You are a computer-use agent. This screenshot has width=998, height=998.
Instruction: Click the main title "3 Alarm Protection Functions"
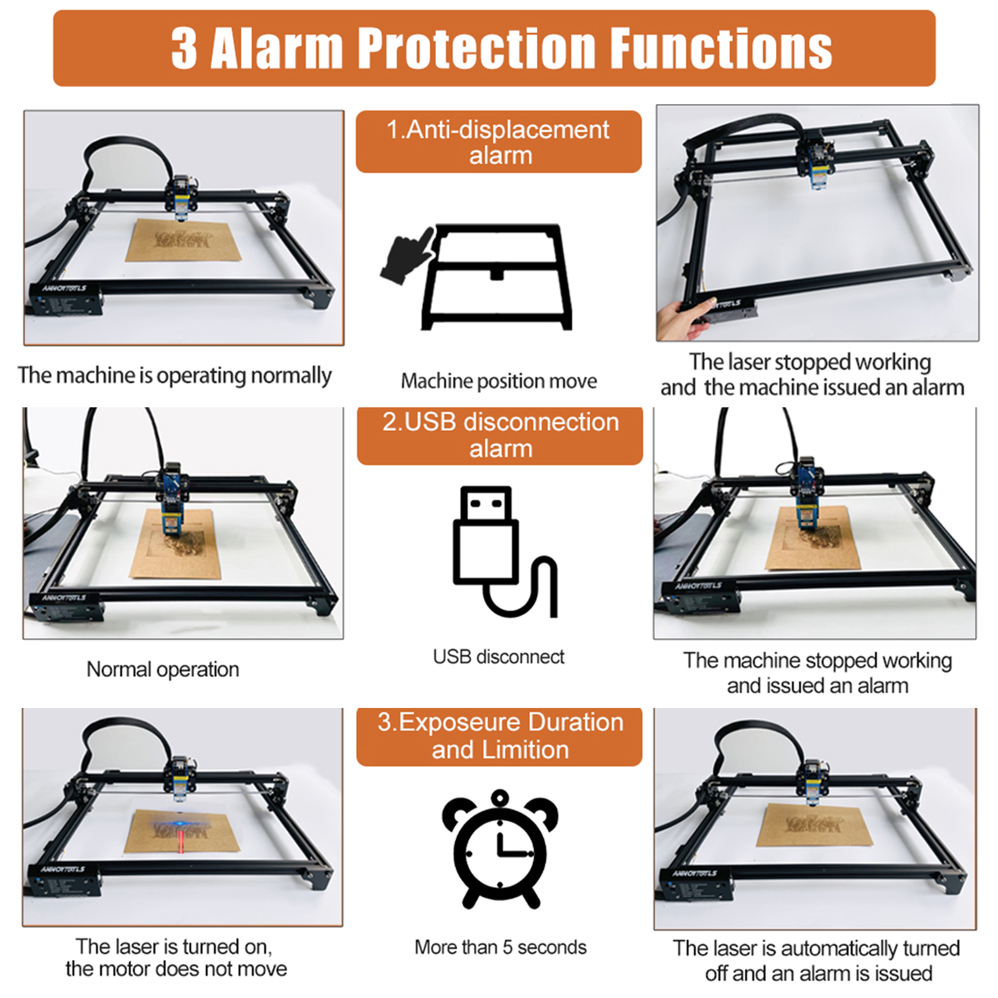pos(501,48)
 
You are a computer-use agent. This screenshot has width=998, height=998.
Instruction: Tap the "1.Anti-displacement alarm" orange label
pos(498,142)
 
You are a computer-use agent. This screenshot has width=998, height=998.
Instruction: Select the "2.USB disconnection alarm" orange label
pos(500,435)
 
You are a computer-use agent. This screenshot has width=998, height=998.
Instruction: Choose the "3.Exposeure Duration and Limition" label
pos(500,736)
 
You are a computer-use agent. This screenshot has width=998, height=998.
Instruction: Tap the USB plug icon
pos(504,551)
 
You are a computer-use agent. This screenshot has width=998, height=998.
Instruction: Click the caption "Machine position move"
pos(499,380)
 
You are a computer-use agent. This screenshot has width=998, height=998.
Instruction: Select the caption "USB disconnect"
pos(498,657)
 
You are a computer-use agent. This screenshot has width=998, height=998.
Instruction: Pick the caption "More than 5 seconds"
pos(500,947)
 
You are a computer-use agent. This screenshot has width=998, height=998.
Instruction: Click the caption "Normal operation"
pos(163,669)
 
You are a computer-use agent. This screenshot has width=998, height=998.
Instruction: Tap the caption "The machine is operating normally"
pos(175,375)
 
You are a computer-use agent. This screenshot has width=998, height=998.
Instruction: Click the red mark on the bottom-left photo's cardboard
pos(180,843)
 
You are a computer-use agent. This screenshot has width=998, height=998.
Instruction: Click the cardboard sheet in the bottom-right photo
pos(815,824)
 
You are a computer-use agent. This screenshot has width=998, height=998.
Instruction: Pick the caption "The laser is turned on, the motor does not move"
pos(176,957)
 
